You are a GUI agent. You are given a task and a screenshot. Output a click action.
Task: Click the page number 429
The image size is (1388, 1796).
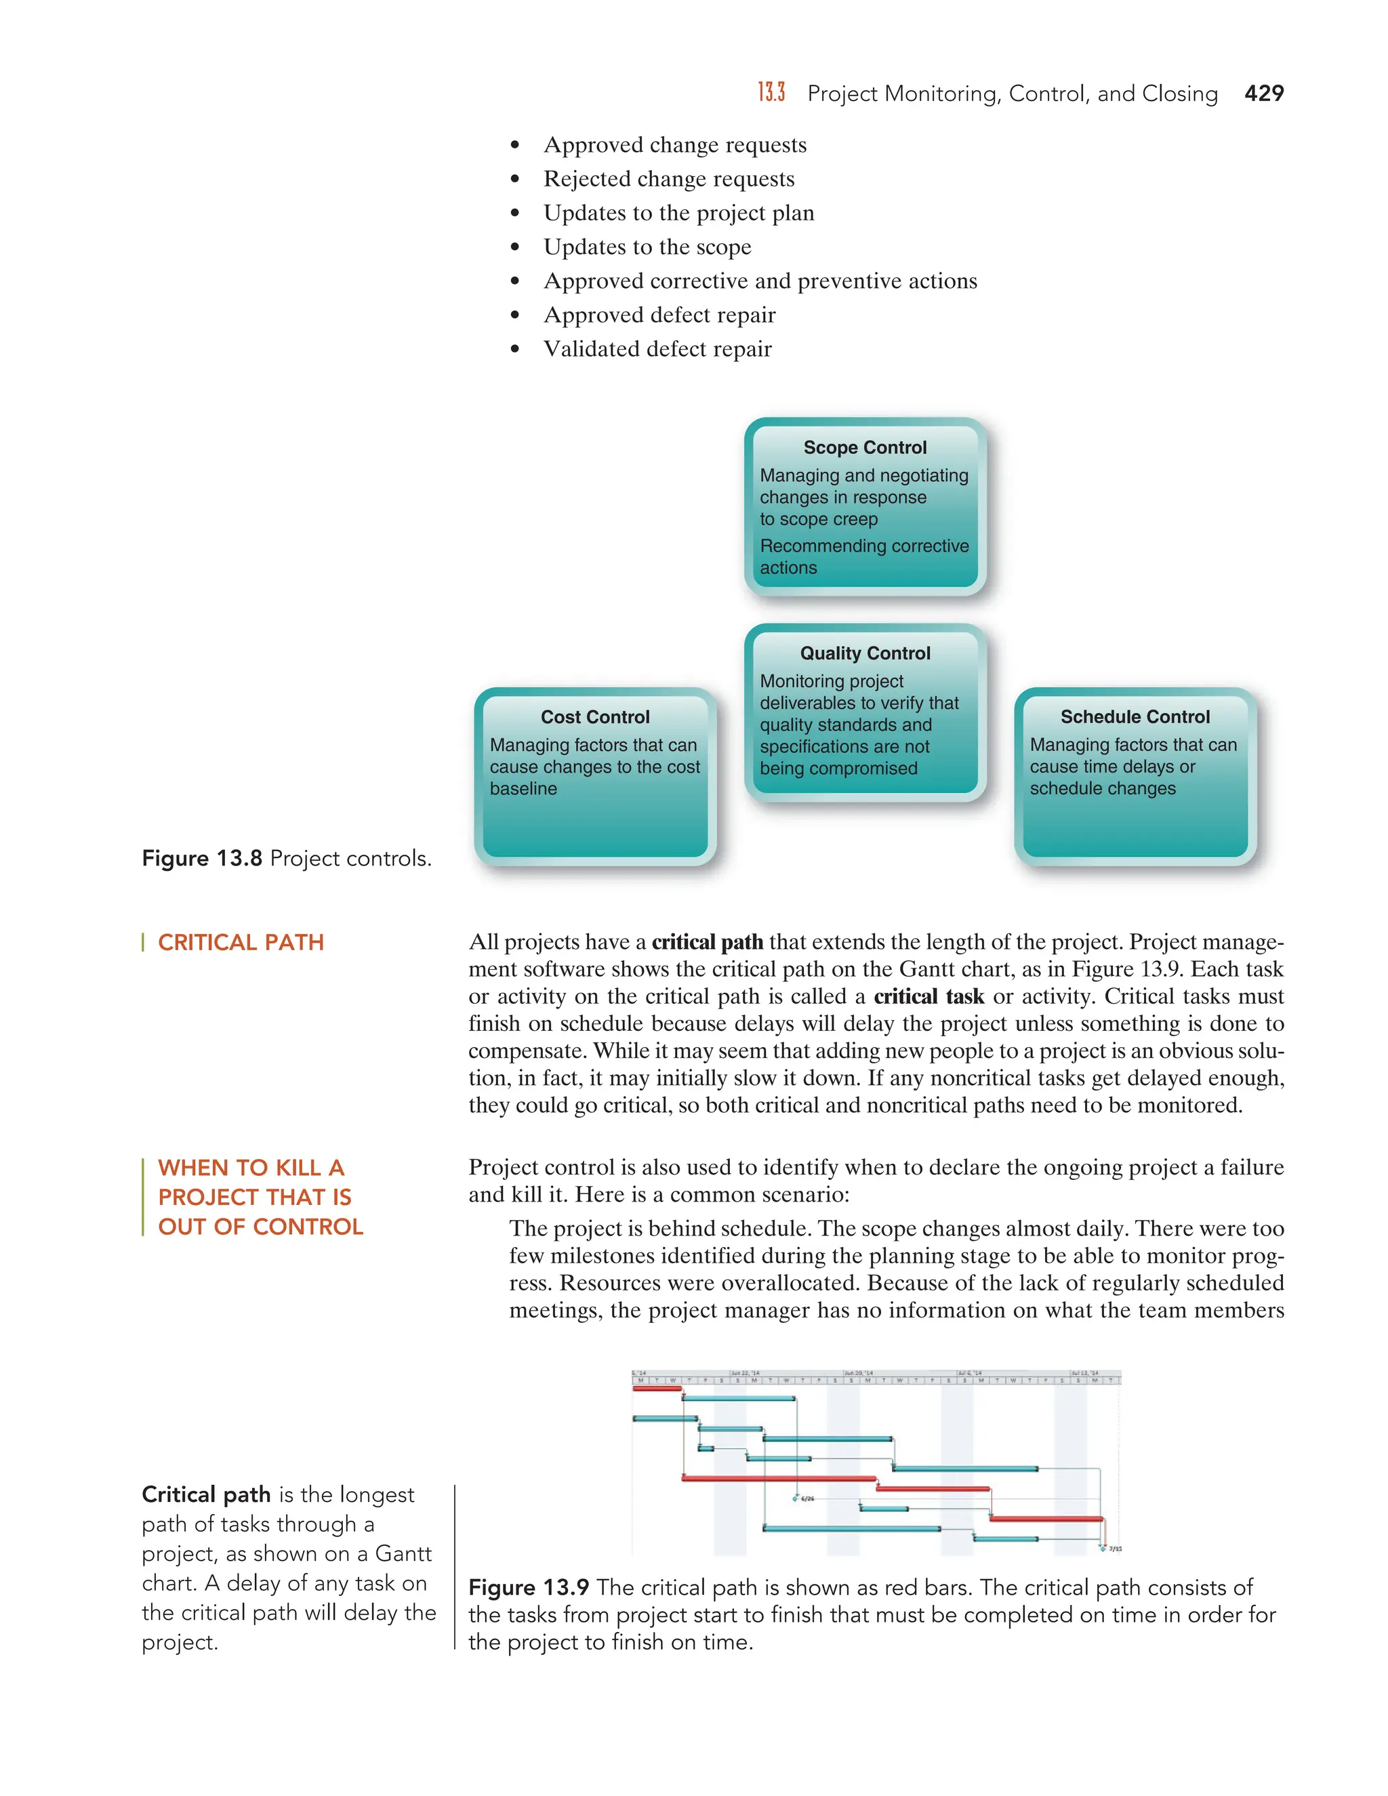[1263, 94]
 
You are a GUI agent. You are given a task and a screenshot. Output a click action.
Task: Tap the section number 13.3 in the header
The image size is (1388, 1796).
[771, 93]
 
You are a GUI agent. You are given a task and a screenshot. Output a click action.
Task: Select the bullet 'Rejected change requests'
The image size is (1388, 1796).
[668, 180]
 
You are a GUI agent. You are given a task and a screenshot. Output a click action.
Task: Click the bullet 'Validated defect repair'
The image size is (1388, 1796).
[657, 350]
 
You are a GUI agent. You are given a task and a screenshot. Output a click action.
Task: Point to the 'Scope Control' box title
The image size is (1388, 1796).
[864, 447]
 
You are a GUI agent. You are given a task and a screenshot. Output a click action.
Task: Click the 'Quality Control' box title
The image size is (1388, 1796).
[864, 653]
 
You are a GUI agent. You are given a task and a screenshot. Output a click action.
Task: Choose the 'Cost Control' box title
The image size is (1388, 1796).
[594, 717]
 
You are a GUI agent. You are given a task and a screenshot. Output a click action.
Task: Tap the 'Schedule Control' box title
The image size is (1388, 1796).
[1134, 717]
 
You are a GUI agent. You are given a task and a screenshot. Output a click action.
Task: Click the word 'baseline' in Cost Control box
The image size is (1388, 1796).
[523, 789]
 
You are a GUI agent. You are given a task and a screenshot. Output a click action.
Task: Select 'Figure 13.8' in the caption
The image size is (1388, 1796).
[201, 859]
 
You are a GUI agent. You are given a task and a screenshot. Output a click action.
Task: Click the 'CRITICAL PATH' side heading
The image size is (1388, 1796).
[240, 943]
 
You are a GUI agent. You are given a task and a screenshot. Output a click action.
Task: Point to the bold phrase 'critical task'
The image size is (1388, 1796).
[928, 997]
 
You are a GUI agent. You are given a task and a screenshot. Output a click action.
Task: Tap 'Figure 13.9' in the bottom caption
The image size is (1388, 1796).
[529, 1587]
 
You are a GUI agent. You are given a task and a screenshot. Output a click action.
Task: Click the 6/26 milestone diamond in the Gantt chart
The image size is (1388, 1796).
[795, 1498]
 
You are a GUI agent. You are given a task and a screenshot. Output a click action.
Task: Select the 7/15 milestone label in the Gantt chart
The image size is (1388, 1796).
[1115, 1549]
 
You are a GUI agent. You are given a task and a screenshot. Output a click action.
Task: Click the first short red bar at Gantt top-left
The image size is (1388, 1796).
[656, 1389]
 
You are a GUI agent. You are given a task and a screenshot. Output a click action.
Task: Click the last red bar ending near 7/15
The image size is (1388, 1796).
[1045, 1519]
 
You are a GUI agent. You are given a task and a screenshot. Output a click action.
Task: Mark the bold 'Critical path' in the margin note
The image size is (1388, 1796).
[205, 1494]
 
